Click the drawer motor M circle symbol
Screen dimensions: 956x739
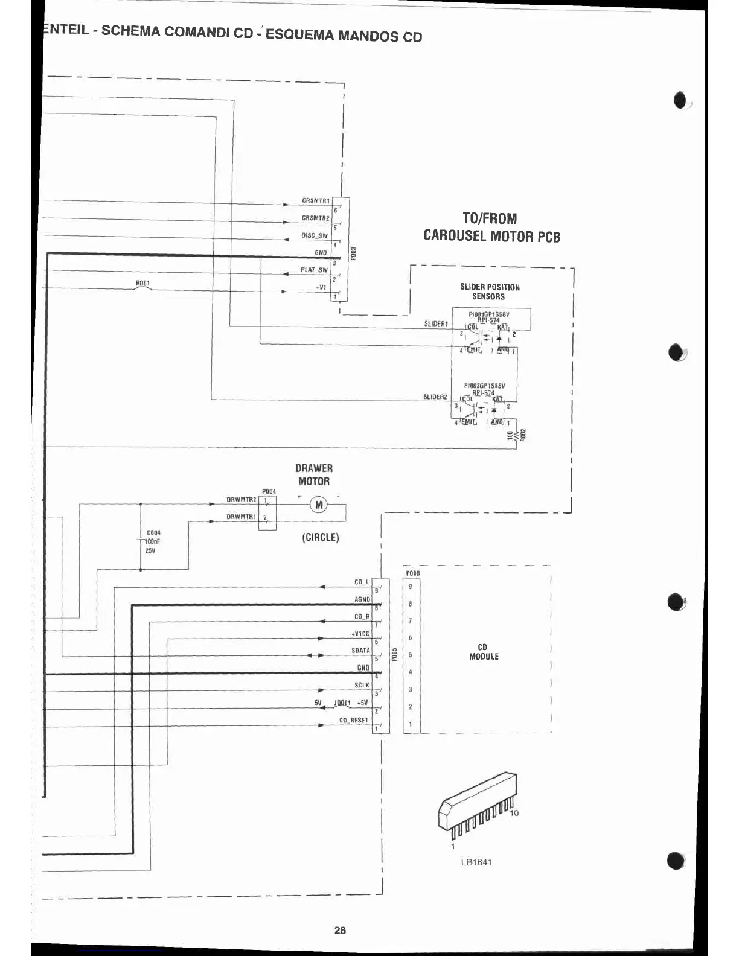click(319, 505)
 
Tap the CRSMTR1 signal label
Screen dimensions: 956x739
click(316, 201)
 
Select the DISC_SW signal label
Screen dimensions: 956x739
click(315, 236)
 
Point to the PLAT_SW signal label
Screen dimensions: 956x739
click(314, 270)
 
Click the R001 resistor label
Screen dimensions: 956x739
click(143, 283)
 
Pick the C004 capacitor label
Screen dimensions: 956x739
click(153, 533)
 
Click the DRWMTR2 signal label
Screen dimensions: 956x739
click(242, 500)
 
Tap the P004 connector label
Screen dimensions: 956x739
click(269, 491)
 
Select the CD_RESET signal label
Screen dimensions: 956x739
click(354, 720)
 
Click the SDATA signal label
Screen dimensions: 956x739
click(360, 651)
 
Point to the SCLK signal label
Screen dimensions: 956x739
click(362, 685)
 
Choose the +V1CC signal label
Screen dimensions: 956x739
click(360, 634)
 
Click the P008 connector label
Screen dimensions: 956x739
click(413, 573)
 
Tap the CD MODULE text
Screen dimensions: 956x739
click(484, 652)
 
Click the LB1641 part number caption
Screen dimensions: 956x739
click(476, 862)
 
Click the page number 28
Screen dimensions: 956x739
click(340, 930)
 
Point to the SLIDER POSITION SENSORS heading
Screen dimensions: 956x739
click(490, 292)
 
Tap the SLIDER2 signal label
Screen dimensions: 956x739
click(435, 397)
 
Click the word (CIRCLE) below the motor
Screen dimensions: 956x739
click(321, 537)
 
